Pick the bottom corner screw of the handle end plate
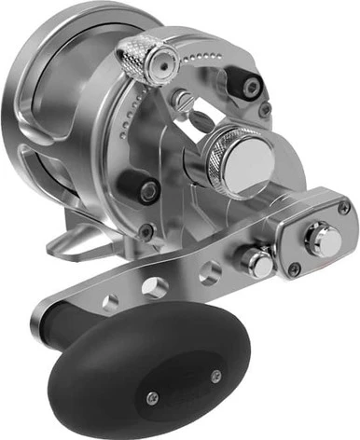(x=296, y=270)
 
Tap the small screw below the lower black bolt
(x=145, y=228)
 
